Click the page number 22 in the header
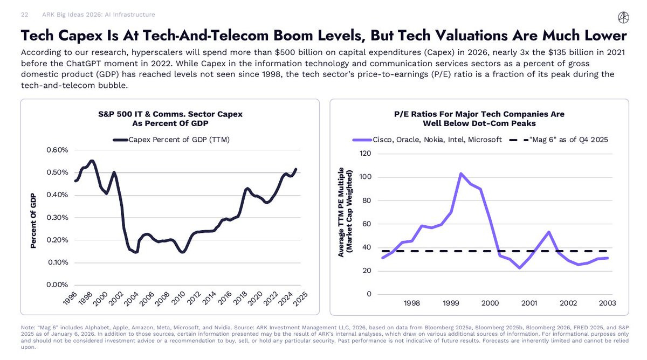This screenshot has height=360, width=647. [25, 15]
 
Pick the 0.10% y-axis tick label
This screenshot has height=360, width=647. [56, 262]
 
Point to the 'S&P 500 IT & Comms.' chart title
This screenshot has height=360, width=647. [170, 114]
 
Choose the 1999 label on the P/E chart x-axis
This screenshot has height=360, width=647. [451, 303]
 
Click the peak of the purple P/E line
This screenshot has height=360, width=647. [461, 174]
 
